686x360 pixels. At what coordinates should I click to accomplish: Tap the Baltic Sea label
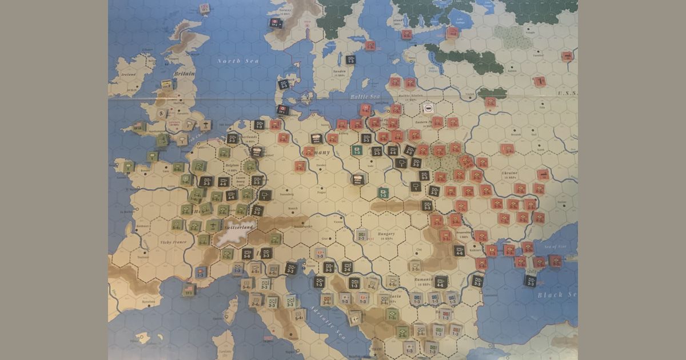click(365, 97)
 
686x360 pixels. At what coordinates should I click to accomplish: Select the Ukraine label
click(509, 172)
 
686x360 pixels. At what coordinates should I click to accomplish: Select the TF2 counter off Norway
click(274, 23)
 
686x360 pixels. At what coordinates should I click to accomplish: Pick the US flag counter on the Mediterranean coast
click(200, 273)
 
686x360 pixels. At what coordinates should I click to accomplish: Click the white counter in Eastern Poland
click(427, 107)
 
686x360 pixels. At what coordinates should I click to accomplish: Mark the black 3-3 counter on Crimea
click(531, 281)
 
